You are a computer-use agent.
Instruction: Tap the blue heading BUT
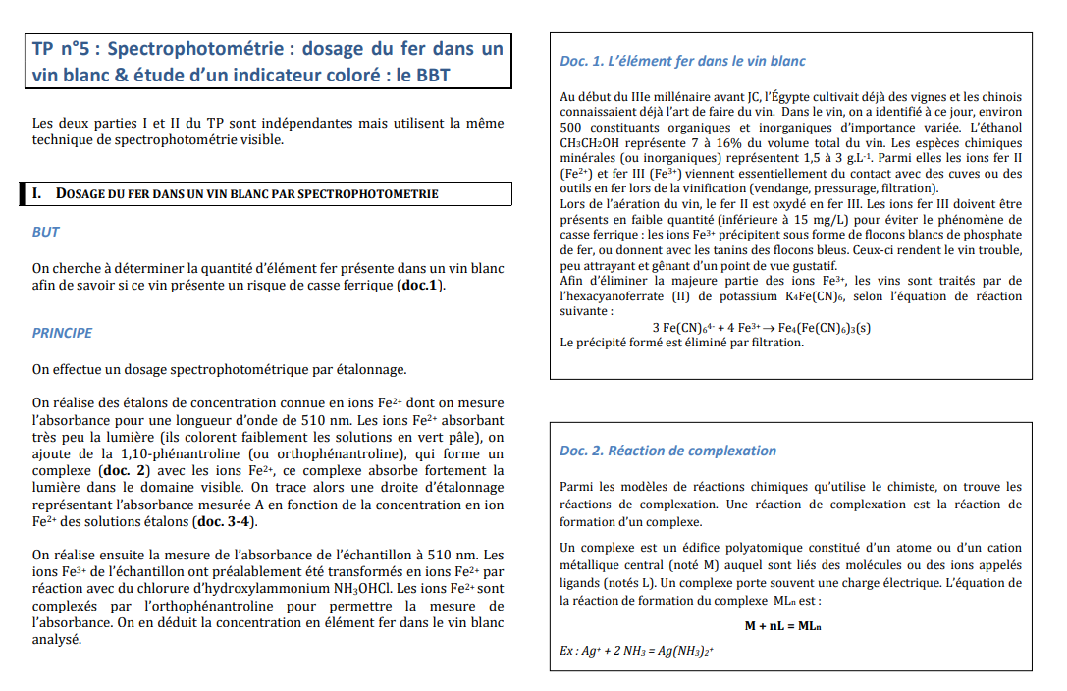point(45,232)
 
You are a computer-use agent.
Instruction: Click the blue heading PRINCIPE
point(62,333)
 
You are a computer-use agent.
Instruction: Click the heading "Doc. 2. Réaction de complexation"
point(667,451)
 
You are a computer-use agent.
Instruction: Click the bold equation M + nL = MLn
point(782,626)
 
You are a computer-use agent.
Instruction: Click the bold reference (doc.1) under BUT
point(422,285)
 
